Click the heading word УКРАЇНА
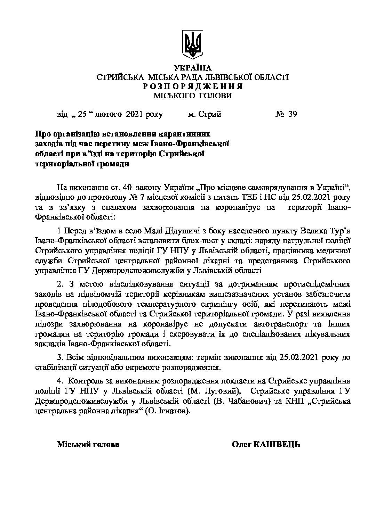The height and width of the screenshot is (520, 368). pyautogui.click(x=192, y=68)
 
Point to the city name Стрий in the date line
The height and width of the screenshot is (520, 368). pyautogui.click(x=209, y=114)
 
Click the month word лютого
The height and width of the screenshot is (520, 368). pyautogui.click(x=105, y=114)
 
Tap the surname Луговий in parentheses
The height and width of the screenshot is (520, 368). pyautogui.click(x=224, y=391)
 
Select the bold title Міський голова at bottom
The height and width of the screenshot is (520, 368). pyautogui.click(x=88, y=444)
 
